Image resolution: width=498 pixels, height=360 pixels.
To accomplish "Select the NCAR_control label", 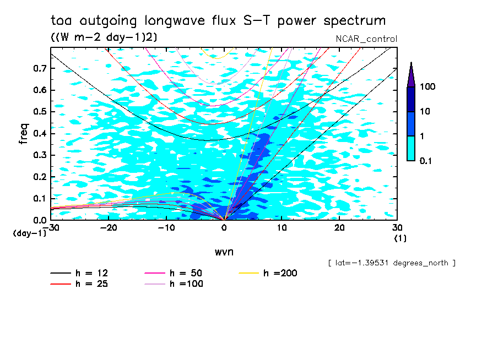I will (366, 39).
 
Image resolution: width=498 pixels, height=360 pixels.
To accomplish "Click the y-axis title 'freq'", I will (24, 134).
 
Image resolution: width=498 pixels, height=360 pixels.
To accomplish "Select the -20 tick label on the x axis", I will (108, 227).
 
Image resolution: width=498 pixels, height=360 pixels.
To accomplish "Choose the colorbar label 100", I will (428, 87).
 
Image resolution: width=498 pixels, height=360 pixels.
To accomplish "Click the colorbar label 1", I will (424, 136).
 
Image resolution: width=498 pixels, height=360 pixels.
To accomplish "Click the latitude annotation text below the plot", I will (391, 263).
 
